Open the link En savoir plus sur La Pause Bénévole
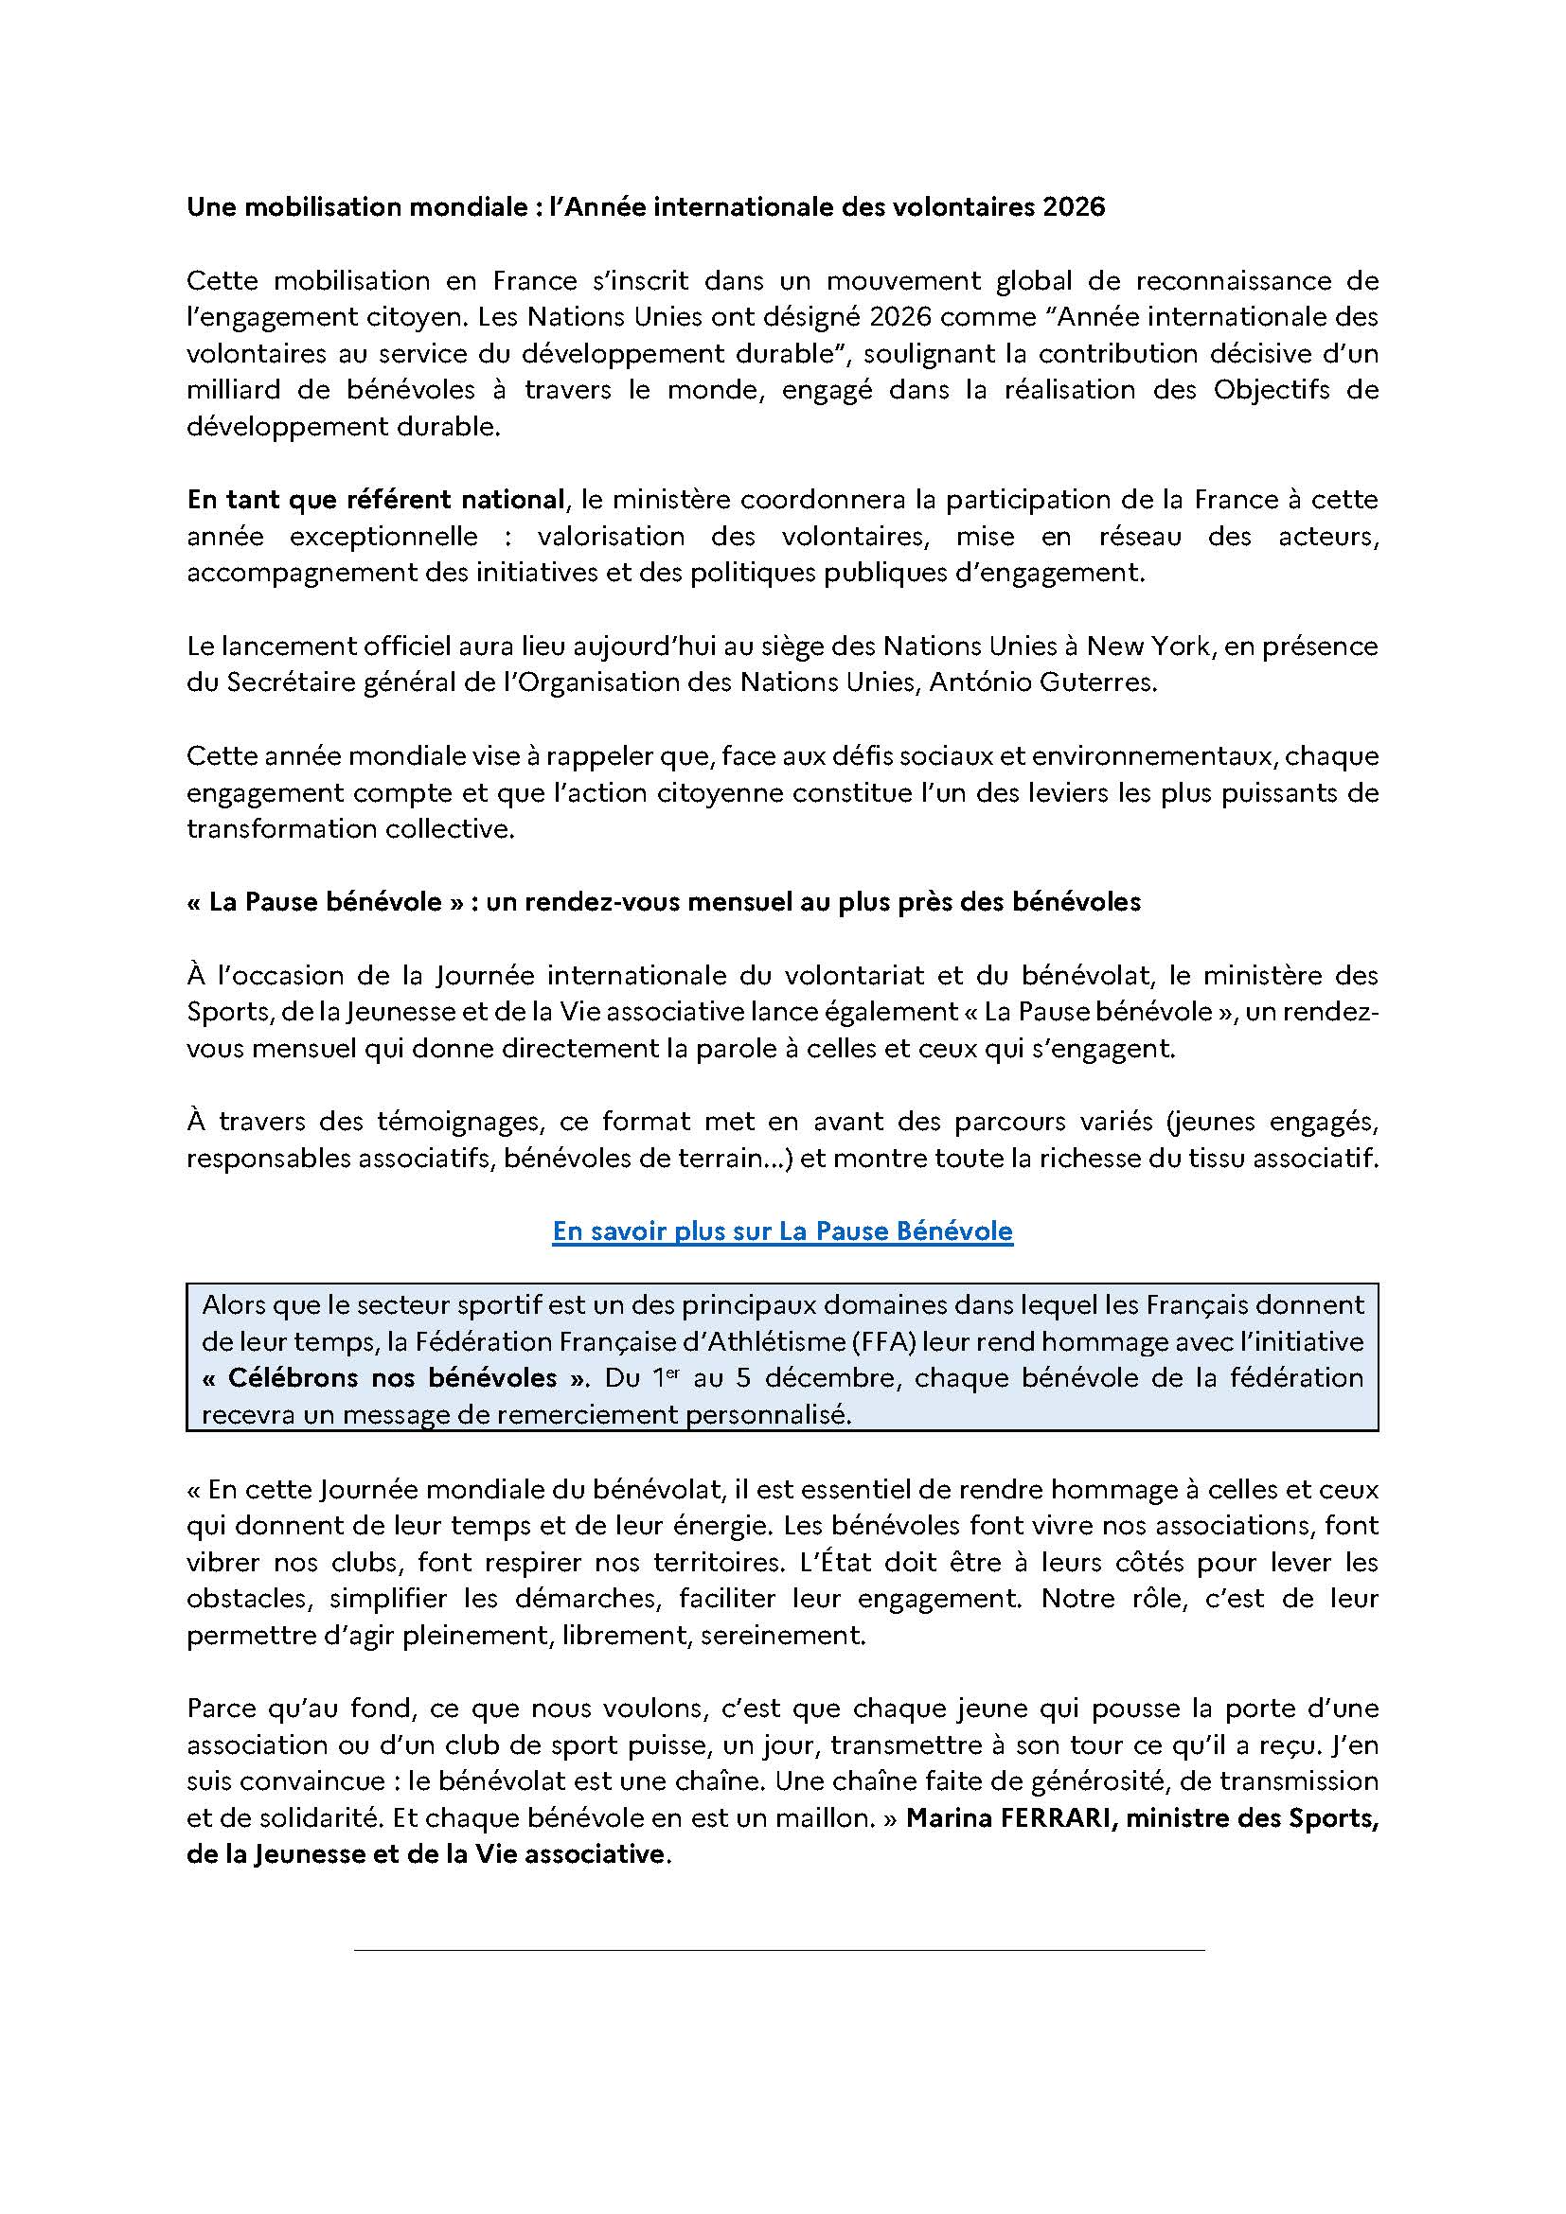[782, 1231]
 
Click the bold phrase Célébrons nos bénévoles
[393, 1378]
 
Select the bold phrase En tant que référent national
[375, 500]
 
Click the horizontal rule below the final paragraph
[779, 1951]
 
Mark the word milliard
[233, 390]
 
